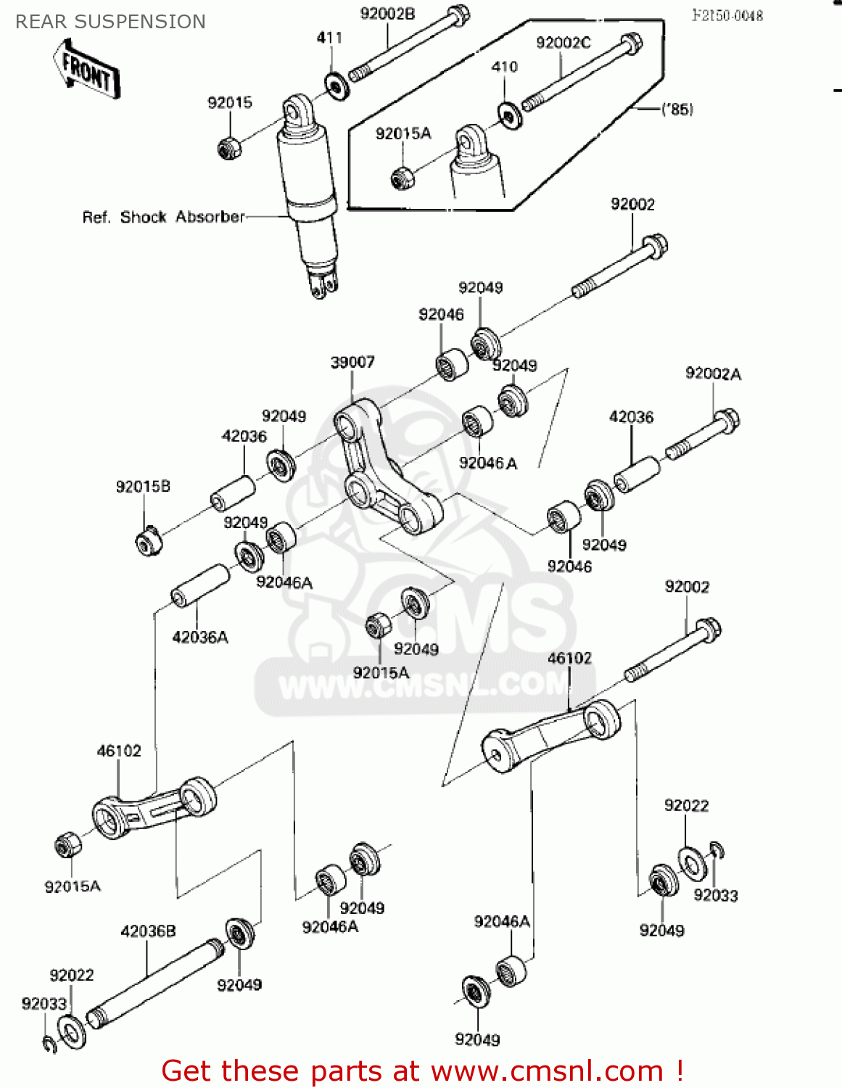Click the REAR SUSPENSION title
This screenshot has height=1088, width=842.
click(x=110, y=22)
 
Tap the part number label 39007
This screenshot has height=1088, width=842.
click(x=352, y=362)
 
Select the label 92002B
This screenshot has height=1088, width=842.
click(x=387, y=15)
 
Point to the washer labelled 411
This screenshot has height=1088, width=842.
click(x=337, y=87)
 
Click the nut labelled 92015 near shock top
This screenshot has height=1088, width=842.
click(x=229, y=148)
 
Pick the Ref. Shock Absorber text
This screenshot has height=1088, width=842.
click(x=163, y=217)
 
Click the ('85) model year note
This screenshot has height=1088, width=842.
click(x=677, y=110)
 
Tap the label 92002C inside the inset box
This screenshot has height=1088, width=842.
click(x=563, y=43)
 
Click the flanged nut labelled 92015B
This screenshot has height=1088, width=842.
click(x=149, y=541)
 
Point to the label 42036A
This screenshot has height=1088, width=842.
click(x=200, y=637)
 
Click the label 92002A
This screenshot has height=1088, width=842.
click(x=713, y=374)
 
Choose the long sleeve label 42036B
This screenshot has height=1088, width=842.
click(x=148, y=931)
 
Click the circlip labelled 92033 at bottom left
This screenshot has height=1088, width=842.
click(x=49, y=1044)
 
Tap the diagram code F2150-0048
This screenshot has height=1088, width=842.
click(x=727, y=16)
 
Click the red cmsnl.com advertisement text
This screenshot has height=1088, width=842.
click(x=422, y=1071)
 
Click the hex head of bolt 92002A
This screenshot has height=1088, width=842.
click(x=727, y=421)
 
